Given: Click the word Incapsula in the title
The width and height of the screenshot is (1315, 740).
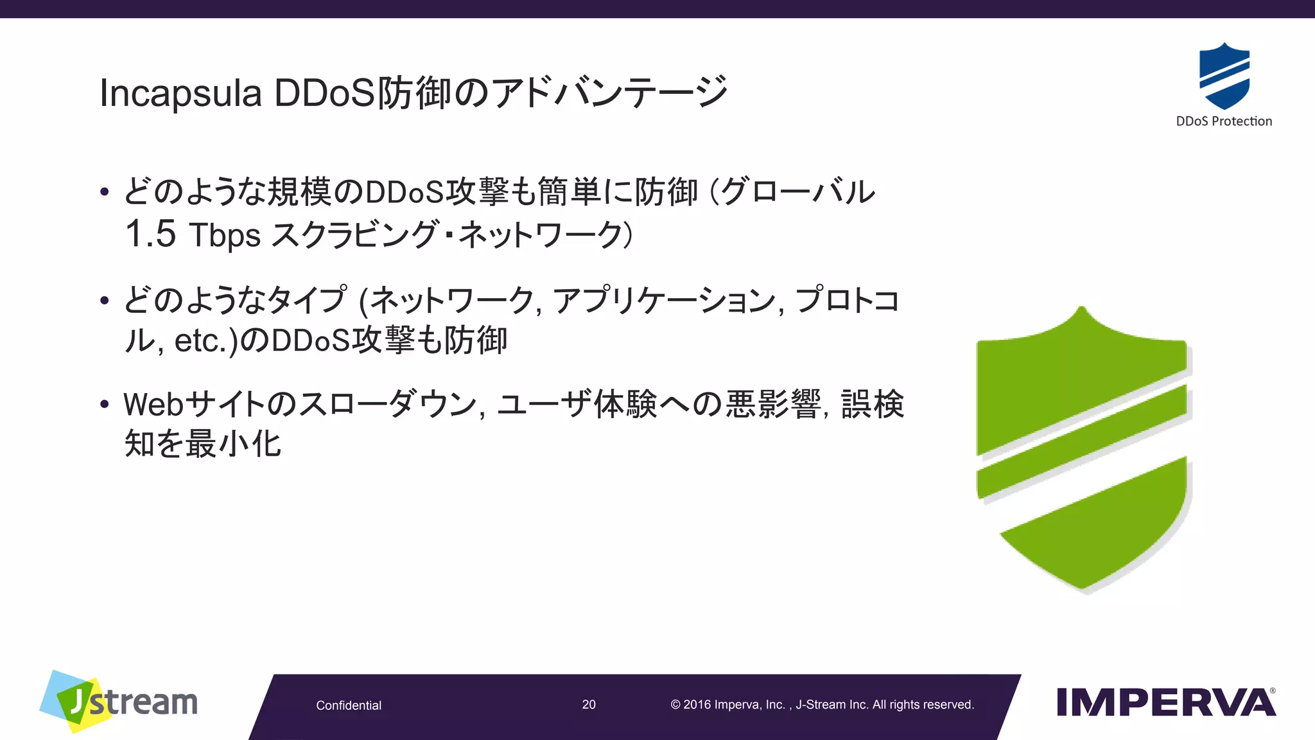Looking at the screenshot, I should click(x=180, y=94).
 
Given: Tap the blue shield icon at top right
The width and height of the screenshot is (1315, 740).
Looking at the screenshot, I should click(x=1224, y=76).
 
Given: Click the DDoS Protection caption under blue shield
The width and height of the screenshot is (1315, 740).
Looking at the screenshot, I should click(x=1224, y=121).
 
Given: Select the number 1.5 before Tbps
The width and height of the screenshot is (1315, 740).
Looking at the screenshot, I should click(x=150, y=234).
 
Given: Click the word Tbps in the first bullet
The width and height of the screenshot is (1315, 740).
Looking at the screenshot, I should click(x=225, y=235).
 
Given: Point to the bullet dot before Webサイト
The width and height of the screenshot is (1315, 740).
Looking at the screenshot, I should click(x=105, y=405).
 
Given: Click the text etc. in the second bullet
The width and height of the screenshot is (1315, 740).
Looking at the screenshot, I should click(x=200, y=341).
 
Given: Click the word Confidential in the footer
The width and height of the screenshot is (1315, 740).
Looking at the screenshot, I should click(x=349, y=705).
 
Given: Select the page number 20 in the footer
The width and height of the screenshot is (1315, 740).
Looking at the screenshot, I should click(x=589, y=705).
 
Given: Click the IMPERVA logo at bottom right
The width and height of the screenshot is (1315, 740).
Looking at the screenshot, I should click(x=1165, y=703).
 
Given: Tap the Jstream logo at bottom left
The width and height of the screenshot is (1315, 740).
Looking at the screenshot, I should click(x=119, y=702).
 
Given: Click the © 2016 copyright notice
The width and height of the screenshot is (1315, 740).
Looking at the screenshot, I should click(x=822, y=705).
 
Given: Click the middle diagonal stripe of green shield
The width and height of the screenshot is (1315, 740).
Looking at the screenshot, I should click(x=1082, y=442).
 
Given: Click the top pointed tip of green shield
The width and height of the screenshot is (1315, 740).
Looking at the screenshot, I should click(x=1081, y=312).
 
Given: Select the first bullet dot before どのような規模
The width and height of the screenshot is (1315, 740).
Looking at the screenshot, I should click(x=105, y=192).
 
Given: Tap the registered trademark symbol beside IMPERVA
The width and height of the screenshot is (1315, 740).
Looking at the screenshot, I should click(x=1273, y=691).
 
